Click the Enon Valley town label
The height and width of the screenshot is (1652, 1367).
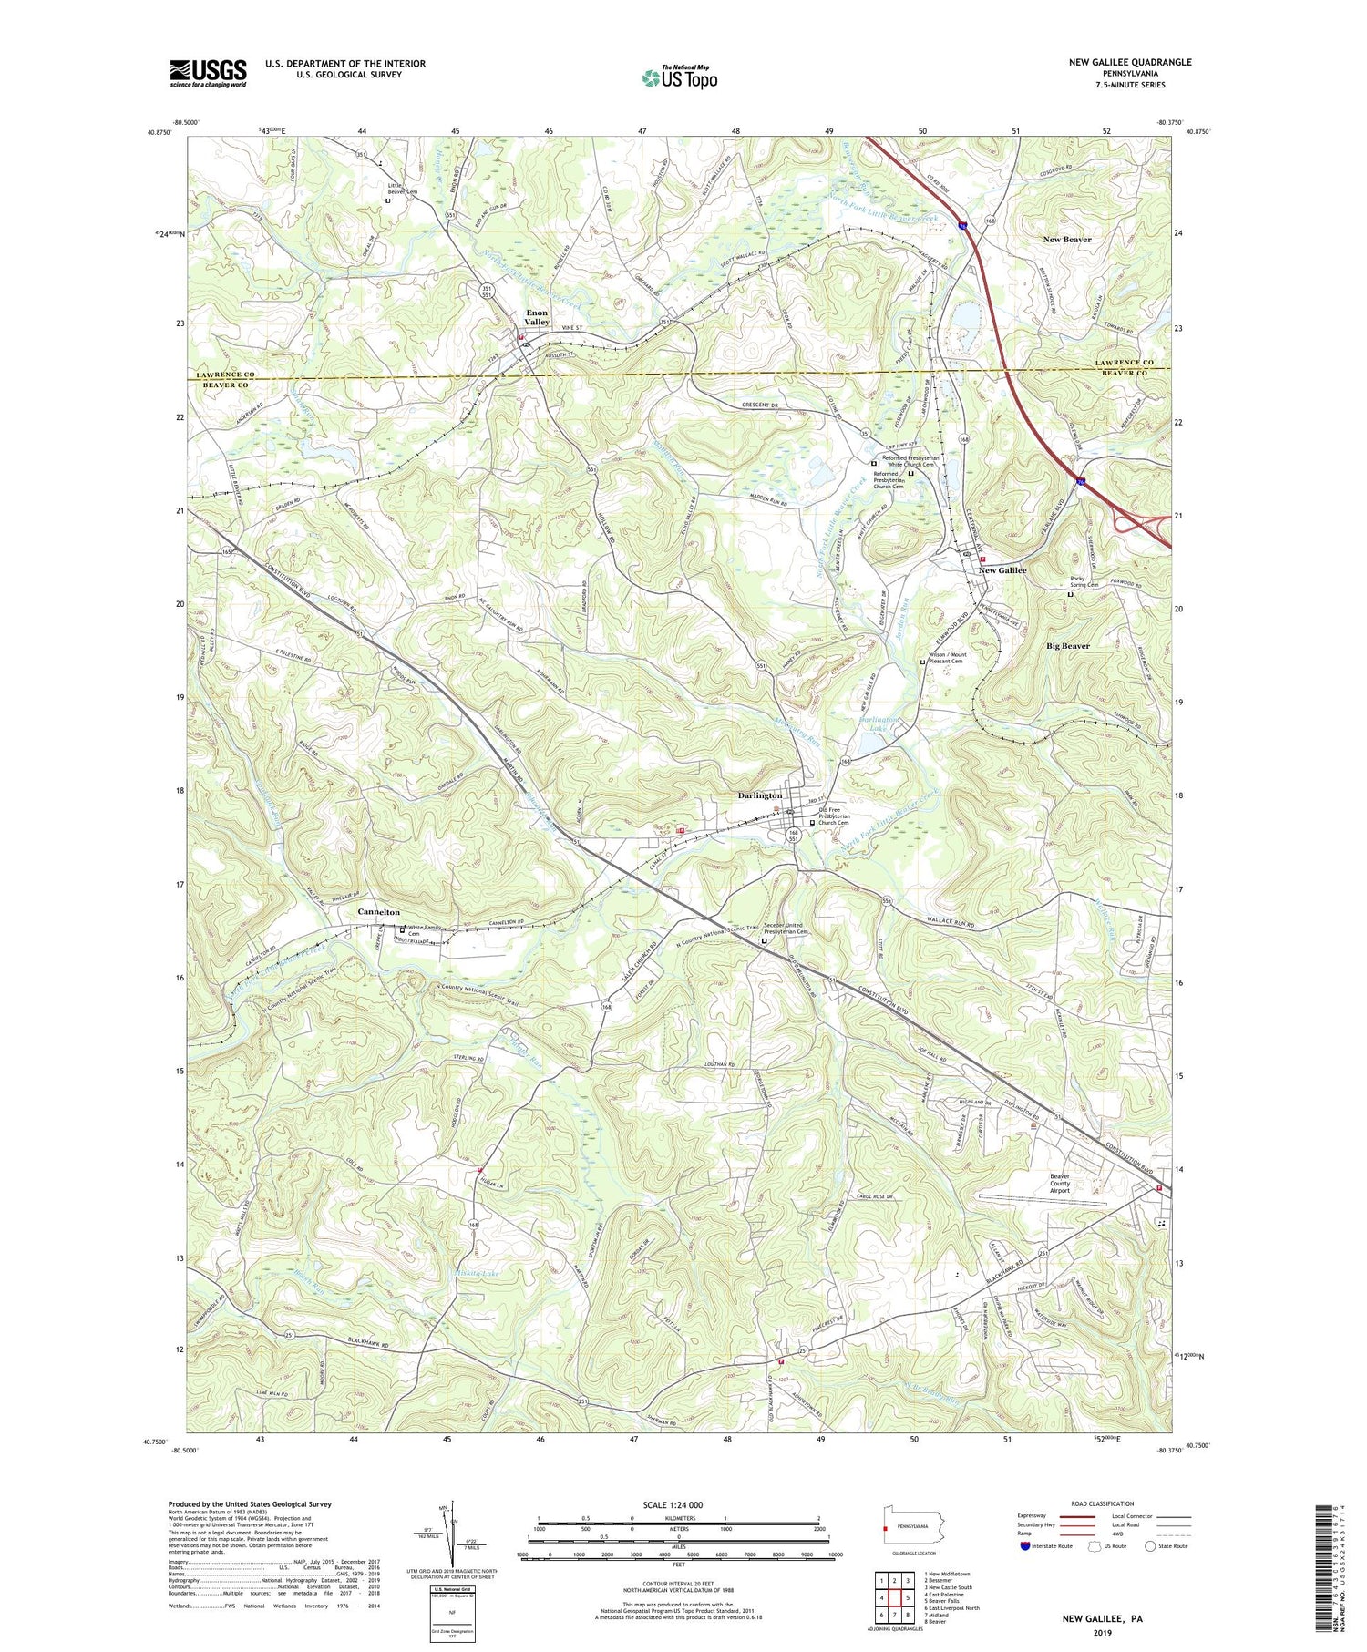pyautogui.click(x=537, y=317)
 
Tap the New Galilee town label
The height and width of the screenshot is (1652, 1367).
pyautogui.click(x=1002, y=570)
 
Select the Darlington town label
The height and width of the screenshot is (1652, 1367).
pyautogui.click(x=759, y=795)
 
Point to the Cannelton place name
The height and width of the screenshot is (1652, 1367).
pyautogui.click(x=378, y=911)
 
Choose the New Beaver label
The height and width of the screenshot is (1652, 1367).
pyautogui.click(x=1066, y=239)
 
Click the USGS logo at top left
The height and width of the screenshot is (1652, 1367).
pyautogui.click(x=208, y=73)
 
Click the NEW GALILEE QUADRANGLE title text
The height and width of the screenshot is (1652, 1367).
pyautogui.click(x=1130, y=62)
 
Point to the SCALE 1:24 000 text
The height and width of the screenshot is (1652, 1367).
pyautogui.click(x=678, y=1504)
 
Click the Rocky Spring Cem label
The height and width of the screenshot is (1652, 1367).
pyautogui.click(x=1084, y=581)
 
